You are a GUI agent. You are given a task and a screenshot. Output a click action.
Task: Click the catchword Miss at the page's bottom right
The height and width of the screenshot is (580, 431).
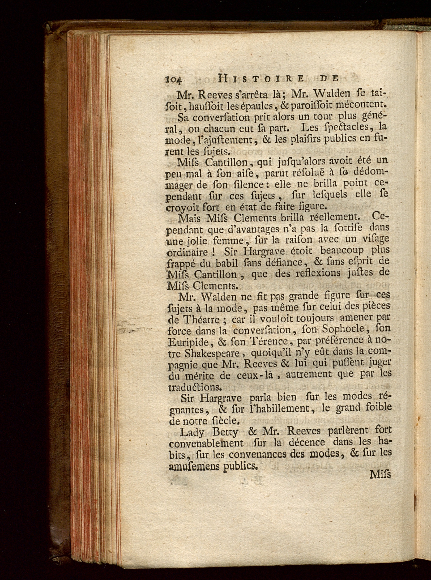tap(380, 475)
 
